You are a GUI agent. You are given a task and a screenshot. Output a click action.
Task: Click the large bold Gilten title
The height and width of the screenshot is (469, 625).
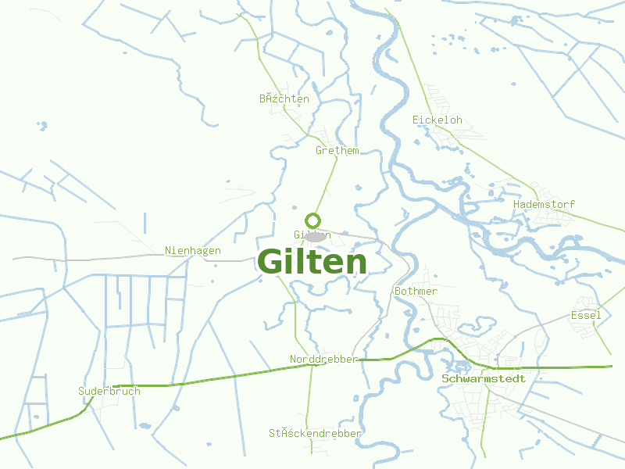[312, 263]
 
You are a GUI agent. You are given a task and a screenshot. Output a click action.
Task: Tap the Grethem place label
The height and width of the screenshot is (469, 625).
[337, 150]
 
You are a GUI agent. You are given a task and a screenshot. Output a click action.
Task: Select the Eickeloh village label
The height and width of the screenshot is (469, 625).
[437, 120]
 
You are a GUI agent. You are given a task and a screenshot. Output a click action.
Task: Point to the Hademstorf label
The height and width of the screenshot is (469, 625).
[544, 204]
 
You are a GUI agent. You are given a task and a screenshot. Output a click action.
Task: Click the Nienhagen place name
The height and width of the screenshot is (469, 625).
[192, 251]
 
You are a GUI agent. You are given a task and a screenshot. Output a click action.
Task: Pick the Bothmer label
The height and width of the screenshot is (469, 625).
[416, 291]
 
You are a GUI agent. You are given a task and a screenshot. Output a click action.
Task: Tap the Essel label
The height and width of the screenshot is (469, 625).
[586, 315]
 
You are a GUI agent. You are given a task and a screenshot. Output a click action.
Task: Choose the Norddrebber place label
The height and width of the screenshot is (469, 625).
[323, 359]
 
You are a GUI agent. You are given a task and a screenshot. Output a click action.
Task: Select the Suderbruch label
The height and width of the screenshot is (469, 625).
[109, 391]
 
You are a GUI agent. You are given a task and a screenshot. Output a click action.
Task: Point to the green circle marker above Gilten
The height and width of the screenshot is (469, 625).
[313, 220]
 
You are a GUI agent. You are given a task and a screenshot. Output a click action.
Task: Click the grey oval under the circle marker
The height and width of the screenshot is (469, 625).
[315, 236]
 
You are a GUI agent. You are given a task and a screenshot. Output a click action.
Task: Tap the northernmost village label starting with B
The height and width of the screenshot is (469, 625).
[284, 99]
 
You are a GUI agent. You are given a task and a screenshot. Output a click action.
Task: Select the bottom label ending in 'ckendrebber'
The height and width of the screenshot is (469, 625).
[315, 432]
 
